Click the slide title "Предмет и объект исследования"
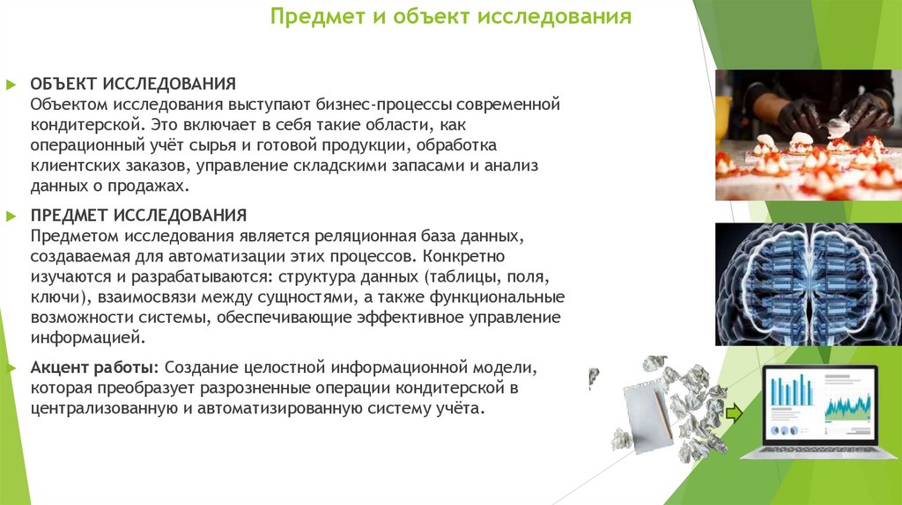pos(450,17)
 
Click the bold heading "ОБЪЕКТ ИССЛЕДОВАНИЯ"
pos(133,84)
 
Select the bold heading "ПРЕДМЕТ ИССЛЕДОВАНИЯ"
pos(138,216)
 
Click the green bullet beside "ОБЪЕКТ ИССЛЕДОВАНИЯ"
pos(11,84)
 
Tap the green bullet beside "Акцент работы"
pos(11,367)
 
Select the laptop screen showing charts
pos(820,401)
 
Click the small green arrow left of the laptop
pos(734,413)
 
